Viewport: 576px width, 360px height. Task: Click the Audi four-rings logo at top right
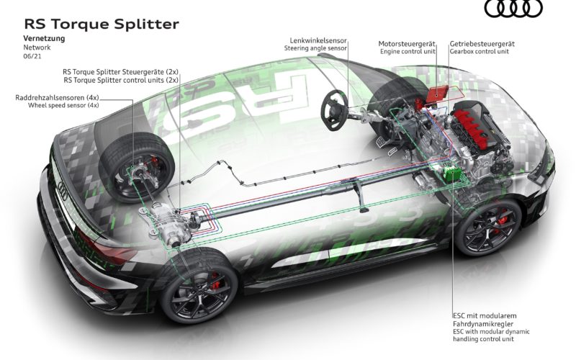(513, 8)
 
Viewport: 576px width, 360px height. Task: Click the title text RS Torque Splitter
(102, 24)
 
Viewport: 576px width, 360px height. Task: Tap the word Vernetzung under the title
(44, 38)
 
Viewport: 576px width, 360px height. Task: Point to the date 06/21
(32, 56)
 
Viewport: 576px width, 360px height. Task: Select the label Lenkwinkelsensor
(318, 41)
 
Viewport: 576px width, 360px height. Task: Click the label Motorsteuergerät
(407, 44)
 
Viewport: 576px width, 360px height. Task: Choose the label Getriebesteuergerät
(482, 44)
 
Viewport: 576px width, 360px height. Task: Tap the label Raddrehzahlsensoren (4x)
(57, 98)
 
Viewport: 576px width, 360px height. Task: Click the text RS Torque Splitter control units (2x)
(121, 80)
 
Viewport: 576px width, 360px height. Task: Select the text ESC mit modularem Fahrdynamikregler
(485, 320)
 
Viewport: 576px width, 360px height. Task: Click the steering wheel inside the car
(334, 109)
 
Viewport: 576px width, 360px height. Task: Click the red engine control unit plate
(437, 94)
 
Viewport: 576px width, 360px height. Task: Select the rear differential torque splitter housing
(166, 224)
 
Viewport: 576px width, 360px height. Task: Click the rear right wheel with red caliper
(199, 287)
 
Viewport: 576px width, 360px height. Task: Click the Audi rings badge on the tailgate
(63, 191)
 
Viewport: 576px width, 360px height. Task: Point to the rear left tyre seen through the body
(137, 167)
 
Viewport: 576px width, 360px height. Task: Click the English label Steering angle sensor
(315, 48)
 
